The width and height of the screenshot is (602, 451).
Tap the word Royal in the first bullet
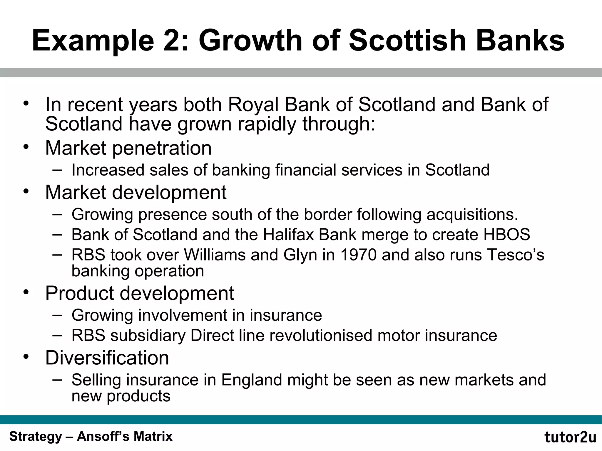(x=253, y=105)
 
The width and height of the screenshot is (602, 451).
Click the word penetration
(x=162, y=148)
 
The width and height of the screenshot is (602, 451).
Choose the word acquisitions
(x=472, y=214)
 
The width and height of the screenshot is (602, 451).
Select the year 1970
(x=358, y=255)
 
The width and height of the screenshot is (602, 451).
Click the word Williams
(x=215, y=255)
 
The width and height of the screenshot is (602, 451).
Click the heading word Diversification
(x=107, y=358)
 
